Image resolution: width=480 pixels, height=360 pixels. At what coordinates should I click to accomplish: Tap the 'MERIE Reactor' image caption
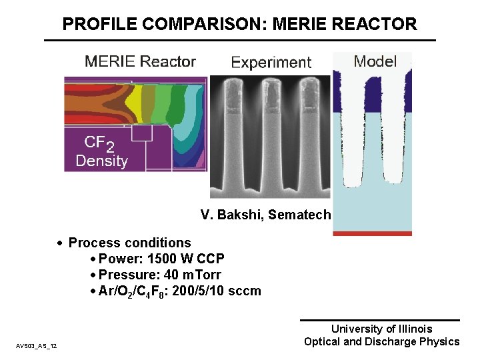(x=140, y=62)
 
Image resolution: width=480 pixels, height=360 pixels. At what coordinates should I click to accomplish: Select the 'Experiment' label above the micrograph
(x=271, y=63)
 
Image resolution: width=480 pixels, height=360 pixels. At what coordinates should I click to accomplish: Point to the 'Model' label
(x=375, y=62)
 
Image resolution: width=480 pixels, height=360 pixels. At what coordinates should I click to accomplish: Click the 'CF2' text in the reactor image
(x=99, y=143)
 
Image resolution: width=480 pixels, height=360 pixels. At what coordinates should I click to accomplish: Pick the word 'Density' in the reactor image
(x=101, y=161)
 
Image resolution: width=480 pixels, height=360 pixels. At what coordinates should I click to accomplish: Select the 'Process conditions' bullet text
(x=129, y=243)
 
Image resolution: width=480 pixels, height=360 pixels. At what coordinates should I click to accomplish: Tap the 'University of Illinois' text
(x=381, y=329)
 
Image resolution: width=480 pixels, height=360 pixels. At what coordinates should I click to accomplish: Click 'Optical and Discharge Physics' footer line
(x=381, y=341)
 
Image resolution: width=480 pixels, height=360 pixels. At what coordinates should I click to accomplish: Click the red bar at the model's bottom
(x=372, y=233)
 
